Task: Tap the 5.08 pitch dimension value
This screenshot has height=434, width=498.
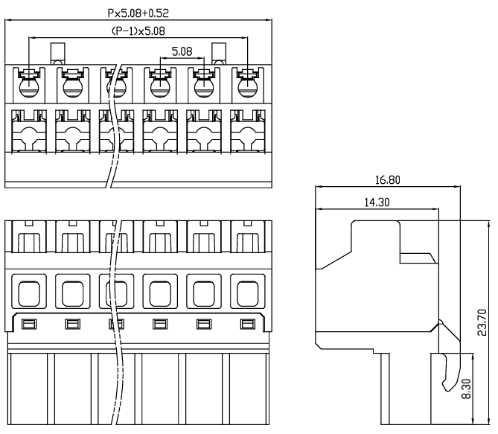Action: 182,52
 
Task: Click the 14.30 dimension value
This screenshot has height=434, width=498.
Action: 376,201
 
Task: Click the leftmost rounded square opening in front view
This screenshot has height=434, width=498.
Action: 29,293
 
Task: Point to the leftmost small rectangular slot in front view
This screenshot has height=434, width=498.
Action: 29,323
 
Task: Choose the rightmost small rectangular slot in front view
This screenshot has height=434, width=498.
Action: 246,323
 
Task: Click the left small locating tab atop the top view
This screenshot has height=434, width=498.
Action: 57,54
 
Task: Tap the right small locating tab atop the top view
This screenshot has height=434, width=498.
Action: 220,54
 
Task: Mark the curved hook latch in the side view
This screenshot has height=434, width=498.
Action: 447,372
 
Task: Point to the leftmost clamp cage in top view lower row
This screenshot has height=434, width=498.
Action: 29,133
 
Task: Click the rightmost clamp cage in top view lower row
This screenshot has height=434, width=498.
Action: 246,133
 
